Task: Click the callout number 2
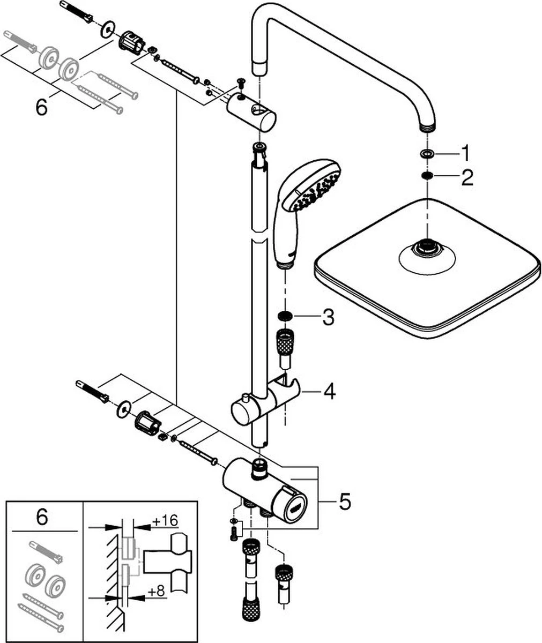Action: tap(466, 177)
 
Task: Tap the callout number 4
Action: tap(328, 392)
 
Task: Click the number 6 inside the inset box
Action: tap(42, 518)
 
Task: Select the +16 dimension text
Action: tap(165, 520)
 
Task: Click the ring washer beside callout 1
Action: tap(427, 154)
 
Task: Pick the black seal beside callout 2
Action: tap(427, 176)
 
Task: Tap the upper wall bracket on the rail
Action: tap(251, 110)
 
